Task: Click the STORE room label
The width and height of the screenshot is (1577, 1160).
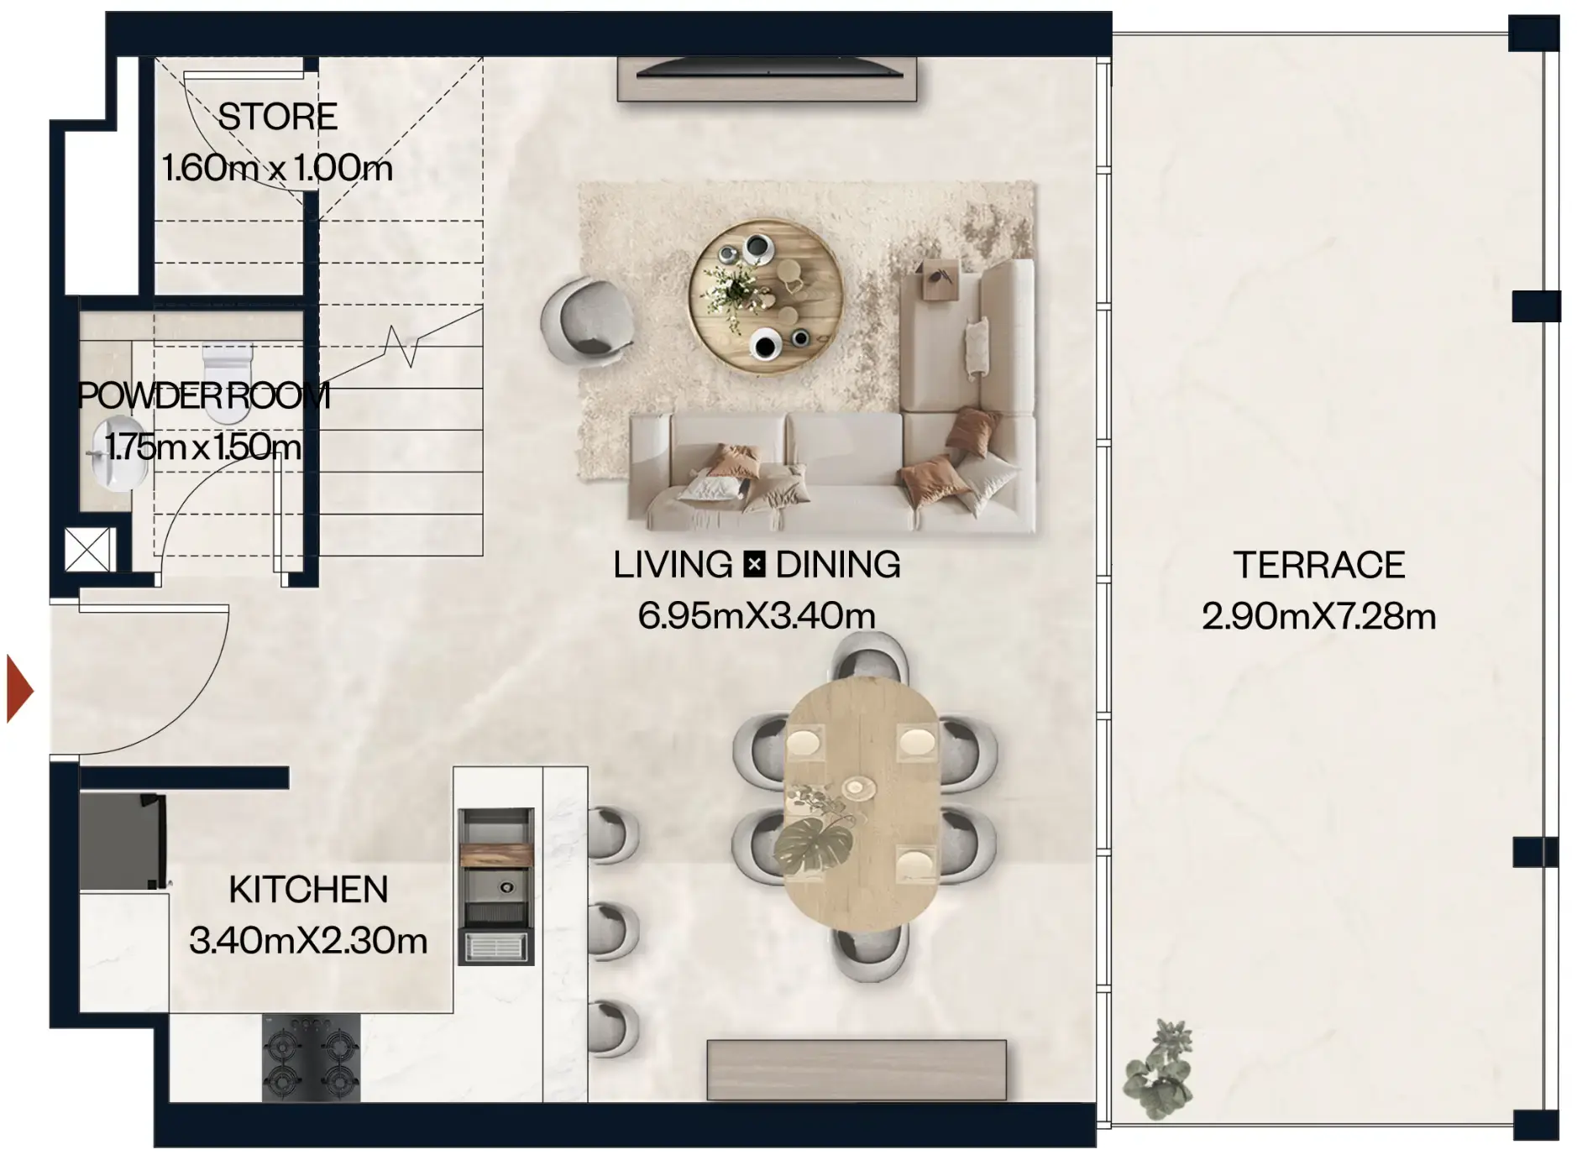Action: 277,117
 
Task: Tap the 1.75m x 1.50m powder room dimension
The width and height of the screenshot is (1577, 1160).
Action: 203,447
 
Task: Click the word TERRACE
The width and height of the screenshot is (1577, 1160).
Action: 1318,565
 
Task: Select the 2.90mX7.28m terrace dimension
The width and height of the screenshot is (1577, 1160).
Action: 1318,617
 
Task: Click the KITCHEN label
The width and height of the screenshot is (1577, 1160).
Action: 308,890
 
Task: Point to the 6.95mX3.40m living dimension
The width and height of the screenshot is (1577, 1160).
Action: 757,616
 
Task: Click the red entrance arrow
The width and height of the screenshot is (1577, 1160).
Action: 18,689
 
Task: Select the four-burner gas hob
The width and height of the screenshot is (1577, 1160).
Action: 311,1058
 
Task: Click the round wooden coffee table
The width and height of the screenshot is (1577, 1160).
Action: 764,295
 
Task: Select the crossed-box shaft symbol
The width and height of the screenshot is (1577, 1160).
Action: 88,550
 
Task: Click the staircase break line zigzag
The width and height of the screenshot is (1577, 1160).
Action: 401,346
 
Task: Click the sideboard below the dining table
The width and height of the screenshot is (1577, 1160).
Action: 856,1069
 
